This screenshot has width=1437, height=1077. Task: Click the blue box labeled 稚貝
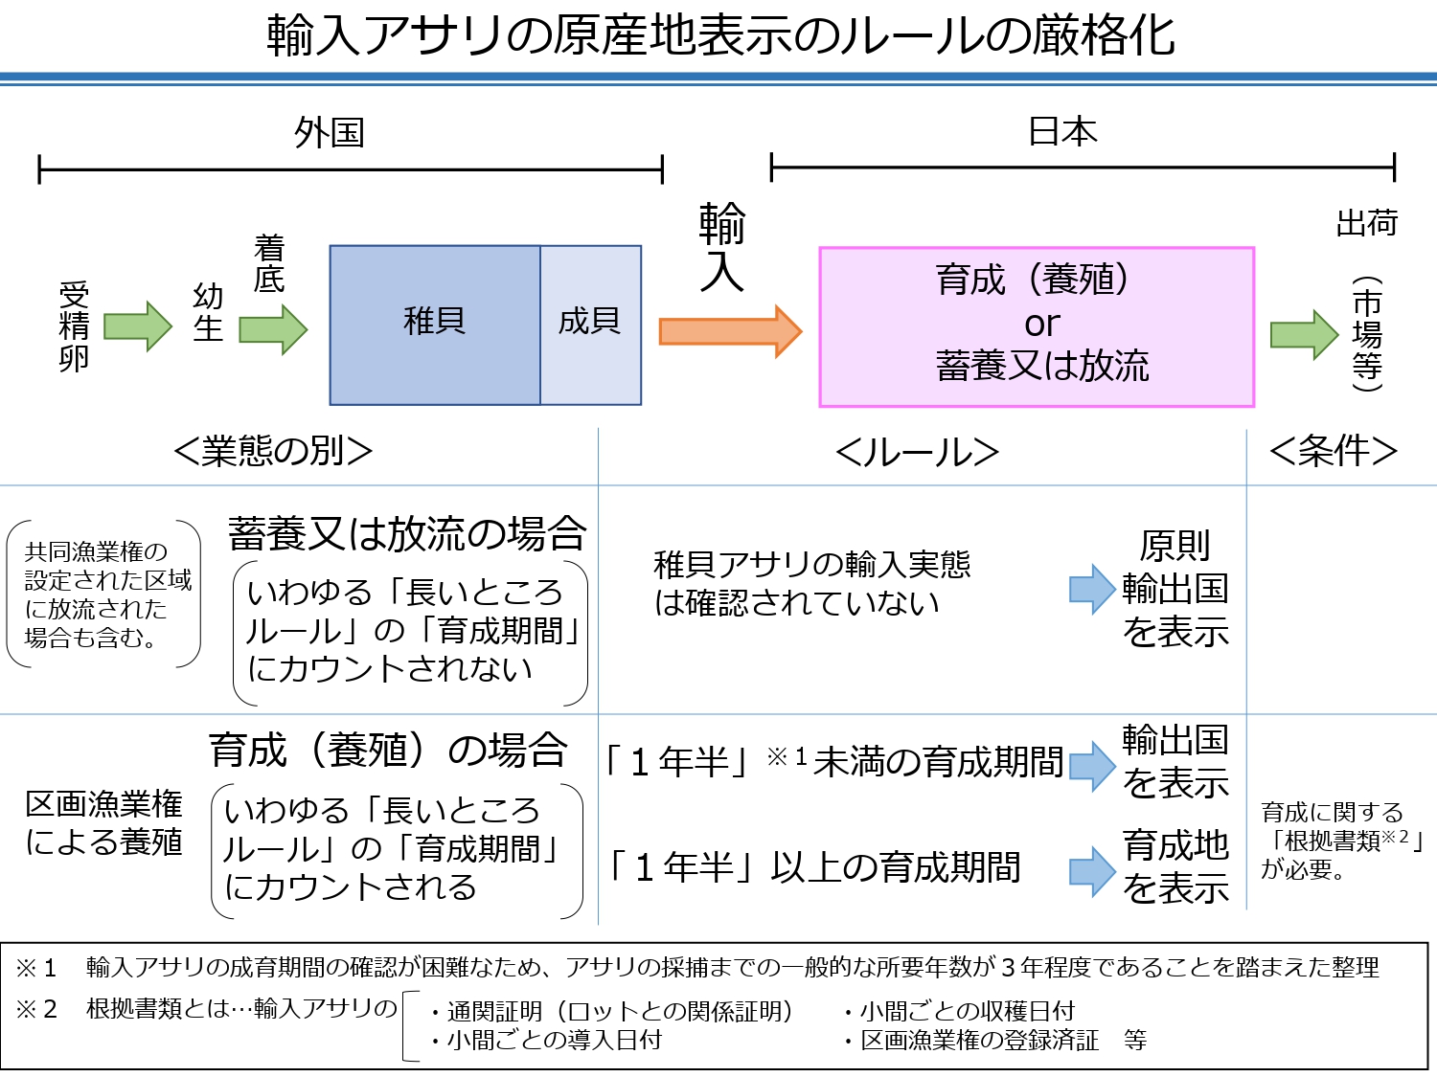click(x=435, y=325)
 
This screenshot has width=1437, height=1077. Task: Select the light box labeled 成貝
click(x=590, y=325)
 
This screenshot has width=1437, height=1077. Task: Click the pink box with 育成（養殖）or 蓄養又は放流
click(x=1037, y=326)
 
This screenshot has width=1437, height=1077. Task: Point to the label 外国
click(x=330, y=133)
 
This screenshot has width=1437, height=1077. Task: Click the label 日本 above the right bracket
click(x=1062, y=131)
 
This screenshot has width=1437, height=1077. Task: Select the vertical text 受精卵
click(x=74, y=326)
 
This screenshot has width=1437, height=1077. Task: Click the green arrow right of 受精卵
click(x=137, y=325)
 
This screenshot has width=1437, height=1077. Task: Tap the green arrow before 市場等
click(x=1304, y=334)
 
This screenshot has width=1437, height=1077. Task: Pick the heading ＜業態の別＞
click(x=273, y=451)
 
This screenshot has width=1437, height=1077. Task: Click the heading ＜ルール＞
click(x=917, y=452)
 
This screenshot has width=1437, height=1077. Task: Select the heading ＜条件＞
click(x=1333, y=450)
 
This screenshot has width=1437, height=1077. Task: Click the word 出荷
click(x=1366, y=223)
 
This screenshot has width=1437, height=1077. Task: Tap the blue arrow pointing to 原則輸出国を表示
click(x=1091, y=588)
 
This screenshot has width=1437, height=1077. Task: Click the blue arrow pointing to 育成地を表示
click(x=1091, y=870)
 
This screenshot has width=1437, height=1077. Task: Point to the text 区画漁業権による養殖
click(x=103, y=822)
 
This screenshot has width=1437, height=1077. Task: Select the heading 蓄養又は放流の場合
click(x=407, y=533)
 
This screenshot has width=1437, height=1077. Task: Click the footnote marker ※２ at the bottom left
click(x=36, y=1009)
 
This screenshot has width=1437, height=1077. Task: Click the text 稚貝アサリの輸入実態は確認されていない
click(x=810, y=583)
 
